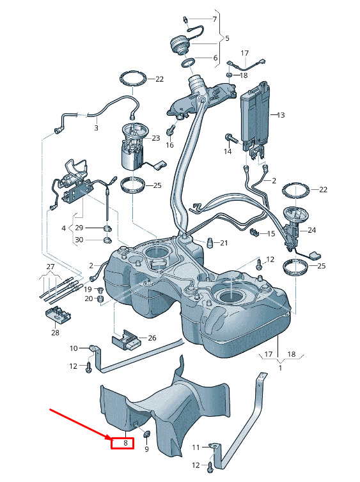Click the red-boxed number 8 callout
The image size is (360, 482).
[125, 443]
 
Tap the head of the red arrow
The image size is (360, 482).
[110, 438]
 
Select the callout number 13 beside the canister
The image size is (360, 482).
[281, 115]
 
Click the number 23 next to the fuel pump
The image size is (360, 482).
[156, 138]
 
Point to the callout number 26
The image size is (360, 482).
[152, 338]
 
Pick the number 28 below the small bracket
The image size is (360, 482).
[55, 332]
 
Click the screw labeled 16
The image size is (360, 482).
[170, 130]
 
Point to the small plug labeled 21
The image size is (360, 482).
[210, 242]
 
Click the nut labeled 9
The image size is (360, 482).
[147, 435]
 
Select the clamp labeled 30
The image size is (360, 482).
[107, 240]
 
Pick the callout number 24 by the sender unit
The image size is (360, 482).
[311, 230]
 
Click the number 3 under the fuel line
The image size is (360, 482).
[96, 128]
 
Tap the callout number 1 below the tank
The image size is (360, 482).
[280, 368]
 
